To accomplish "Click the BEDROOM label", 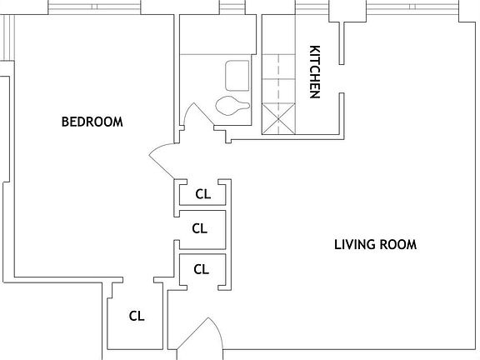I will pyautogui.click(x=92, y=122).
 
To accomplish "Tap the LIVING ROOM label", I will pyautogui.click(x=375, y=245).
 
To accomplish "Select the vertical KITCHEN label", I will pyautogui.click(x=315, y=71).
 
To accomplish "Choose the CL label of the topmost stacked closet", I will pyautogui.click(x=203, y=194).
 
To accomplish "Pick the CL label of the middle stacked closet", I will pyautogui.click(x=200, y=227).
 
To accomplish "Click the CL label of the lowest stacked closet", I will pyautogui.click(x=201, y=268).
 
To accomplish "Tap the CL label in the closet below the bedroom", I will pyautogui.click(x=137, y=316).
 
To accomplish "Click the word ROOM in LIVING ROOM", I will pyautogui.click(x=397, y=245).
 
